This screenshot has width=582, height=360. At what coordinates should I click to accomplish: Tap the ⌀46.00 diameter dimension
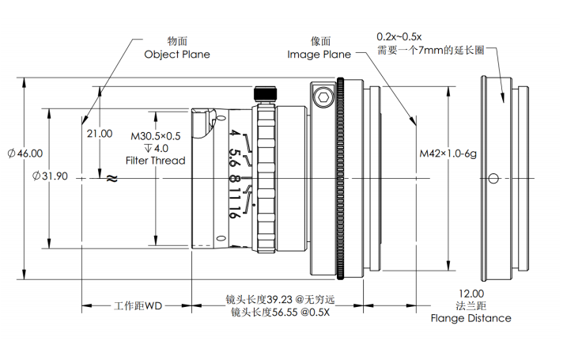(25, 153)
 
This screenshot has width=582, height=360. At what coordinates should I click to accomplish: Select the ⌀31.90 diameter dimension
(51, 176)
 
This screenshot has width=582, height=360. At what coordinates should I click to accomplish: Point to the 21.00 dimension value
(100, 134)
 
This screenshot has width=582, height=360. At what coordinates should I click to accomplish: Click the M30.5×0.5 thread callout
(156, 135)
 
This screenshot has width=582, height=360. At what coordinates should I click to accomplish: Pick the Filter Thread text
(156, 161)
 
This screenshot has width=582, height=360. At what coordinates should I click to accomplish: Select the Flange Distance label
(471, 318)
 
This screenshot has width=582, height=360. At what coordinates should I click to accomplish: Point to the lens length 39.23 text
(281, 300)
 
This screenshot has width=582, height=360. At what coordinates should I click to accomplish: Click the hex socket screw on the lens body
(322, 99)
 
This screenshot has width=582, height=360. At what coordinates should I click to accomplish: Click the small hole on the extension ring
(493, 178)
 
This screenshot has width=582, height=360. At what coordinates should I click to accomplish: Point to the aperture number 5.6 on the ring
(234, 155)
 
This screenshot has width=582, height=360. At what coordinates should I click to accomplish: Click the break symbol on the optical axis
(111, 179)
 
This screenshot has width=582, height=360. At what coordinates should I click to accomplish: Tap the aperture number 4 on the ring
(235, 135)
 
